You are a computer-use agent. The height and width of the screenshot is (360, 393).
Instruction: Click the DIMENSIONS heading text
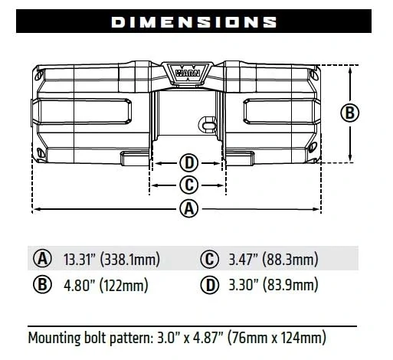195,22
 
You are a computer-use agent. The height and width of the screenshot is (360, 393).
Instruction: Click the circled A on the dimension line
188,208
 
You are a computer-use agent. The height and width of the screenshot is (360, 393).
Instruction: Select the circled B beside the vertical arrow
349,113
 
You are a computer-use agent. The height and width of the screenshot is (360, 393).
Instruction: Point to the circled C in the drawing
188,185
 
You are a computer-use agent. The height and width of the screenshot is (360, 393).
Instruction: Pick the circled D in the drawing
188,162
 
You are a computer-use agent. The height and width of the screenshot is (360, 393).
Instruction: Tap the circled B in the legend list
42,286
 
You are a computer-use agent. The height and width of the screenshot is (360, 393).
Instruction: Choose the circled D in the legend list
208,286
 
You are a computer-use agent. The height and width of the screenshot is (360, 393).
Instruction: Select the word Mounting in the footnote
57,337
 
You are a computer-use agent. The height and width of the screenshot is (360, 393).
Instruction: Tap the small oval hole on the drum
207,121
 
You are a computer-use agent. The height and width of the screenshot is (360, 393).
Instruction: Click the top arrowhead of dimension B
351,70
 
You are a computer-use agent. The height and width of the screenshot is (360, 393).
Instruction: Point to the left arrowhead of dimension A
36,208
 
